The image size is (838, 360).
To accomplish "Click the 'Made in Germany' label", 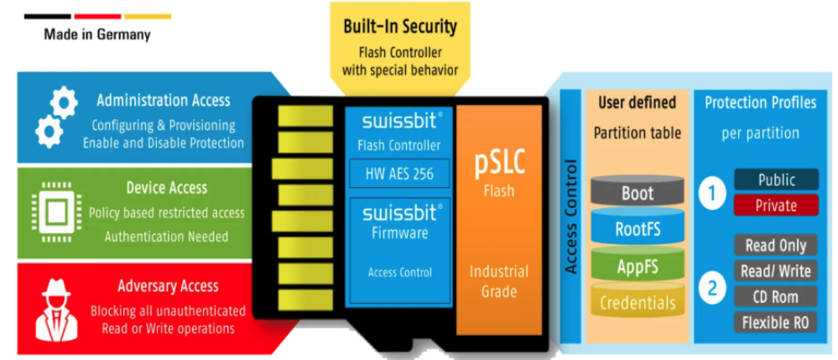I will click(x=98, y=35).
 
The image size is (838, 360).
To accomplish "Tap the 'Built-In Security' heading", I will click(x=400, y=26).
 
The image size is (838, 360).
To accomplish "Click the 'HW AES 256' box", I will click(x=399, y=174).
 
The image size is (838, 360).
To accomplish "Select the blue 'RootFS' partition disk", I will click(x=637, y=229).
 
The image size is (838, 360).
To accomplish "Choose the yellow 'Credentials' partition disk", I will click(x=637, y=302).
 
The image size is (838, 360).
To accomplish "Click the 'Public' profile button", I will click(x=776, y=180).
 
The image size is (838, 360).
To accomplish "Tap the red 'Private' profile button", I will click(x=776, y=205).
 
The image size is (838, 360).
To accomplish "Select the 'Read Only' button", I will click(x=775, y=246).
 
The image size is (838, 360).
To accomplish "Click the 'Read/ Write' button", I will click(x=775, y=271).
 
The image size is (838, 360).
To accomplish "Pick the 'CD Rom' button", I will click(x=775, y=296).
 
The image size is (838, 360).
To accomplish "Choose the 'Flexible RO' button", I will click(x=775, y=322).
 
